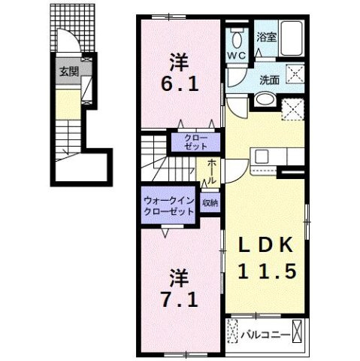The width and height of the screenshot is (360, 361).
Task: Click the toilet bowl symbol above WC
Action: (237, 40)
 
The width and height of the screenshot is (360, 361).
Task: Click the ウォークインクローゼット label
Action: (169, 206)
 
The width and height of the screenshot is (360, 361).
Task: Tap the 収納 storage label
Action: (210, 203)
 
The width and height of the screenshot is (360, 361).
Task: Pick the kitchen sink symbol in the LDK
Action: (263, 156)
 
